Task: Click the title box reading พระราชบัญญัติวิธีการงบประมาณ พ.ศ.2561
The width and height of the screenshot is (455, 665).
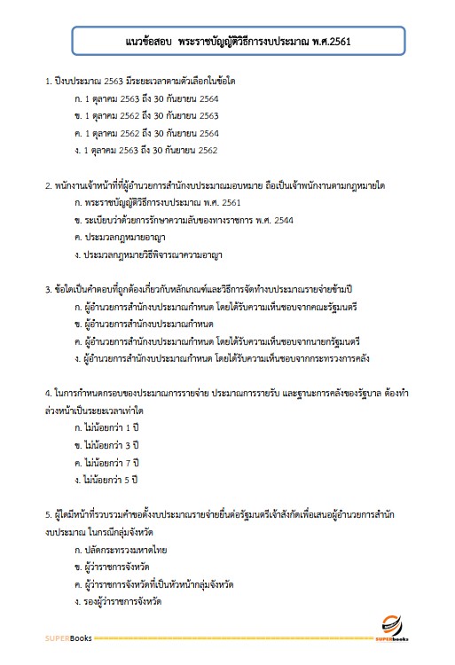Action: click(239, 43)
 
